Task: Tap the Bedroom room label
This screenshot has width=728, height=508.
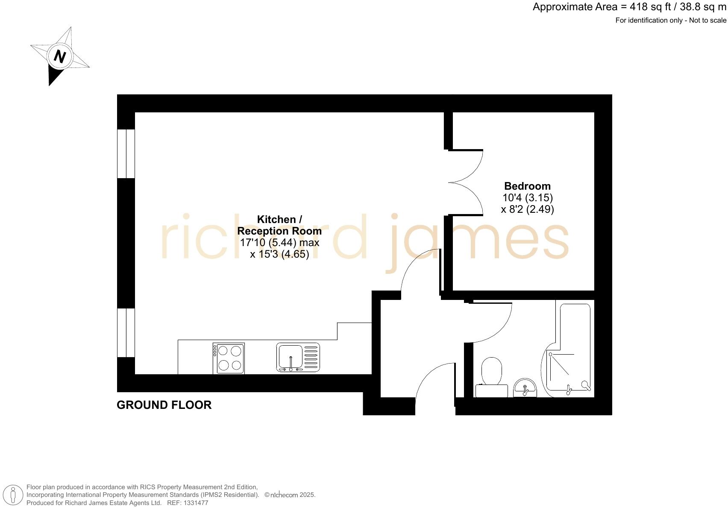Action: coord(527,186)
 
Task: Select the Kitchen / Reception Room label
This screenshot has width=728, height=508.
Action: coord(279,225)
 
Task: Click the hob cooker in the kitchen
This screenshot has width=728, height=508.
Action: coord(229,358)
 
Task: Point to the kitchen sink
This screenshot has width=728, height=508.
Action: coord(298,358)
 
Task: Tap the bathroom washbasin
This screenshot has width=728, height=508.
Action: coord(525,388)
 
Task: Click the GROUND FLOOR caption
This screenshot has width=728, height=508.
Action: coord(164,405)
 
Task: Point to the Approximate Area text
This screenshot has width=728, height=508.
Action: coord(629,7)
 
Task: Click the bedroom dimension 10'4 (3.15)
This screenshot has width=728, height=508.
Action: coord(528,198)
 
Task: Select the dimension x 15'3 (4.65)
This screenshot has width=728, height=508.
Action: coord(279,254)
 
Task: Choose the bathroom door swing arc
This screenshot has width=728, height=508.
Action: coord(491,323)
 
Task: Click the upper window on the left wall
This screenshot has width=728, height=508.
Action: coord(126,153)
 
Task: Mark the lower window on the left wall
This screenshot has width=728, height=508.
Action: coord(126,332)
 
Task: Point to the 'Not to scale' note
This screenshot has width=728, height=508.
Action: coord(707,21)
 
